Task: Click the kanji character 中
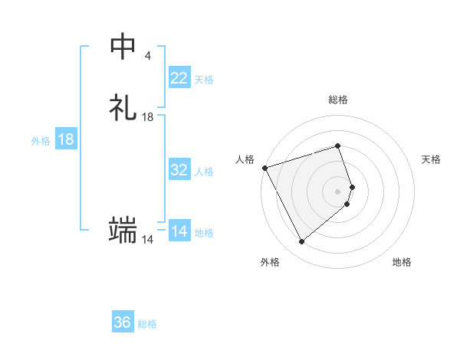point(123,47)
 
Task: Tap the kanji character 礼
point(123,108)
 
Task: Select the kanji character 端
point(123,230)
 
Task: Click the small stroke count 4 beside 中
point(147,56)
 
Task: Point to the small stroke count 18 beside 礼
point(148,117)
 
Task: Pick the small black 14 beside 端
point(147,240)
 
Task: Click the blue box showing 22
point(179,78)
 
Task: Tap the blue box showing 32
point(179,170)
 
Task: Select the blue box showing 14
point(179,231)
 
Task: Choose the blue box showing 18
point(66,139)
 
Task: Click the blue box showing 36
point(123,322)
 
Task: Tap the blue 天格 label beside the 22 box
point(204,80)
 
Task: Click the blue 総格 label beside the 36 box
point(147,324)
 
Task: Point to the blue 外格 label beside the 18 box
point(41,141)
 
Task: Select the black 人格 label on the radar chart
point(245,159)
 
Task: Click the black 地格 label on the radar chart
point(402,263)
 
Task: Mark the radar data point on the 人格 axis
point(264,167)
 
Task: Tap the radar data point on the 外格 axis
point(301,242)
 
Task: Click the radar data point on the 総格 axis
point(337,146)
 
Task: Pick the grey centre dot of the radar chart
point(337,191)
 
